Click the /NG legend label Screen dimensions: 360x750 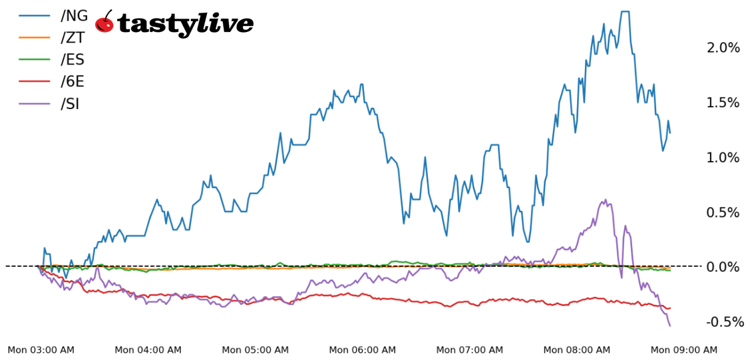(74, 15)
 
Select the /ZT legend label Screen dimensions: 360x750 (73, 38)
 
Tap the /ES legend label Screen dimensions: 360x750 (73, 60)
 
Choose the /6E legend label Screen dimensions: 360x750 (73, 82)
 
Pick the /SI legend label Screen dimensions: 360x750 (70, 104)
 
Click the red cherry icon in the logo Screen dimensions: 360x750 (104, 23)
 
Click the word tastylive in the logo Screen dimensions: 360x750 (185, 24)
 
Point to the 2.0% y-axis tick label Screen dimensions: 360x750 (723, 47)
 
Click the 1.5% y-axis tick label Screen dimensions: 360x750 (723, 102)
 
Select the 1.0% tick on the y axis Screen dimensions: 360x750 (723, 158)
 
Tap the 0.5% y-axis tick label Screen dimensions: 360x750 (723, 212)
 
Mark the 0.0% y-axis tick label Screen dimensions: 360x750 (723, 267)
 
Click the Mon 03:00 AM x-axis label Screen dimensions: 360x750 (41, 350)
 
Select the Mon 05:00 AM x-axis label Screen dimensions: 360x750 (256, 350)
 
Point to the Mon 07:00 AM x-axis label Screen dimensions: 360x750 (470, 350)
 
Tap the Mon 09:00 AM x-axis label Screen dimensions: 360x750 (684, 350)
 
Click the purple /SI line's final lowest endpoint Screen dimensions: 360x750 (669, 325)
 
